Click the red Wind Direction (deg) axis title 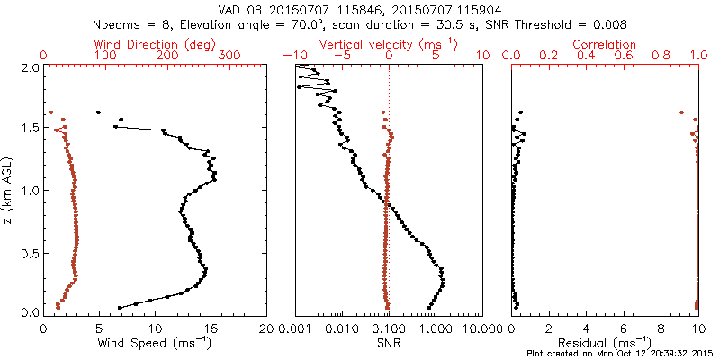155,44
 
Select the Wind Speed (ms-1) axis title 155,342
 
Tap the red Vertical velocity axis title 389,44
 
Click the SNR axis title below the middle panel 388,342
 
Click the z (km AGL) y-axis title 8,190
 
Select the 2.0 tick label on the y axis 30,67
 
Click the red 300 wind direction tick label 229,56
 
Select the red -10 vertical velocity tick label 294,56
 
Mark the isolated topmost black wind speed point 98,112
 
